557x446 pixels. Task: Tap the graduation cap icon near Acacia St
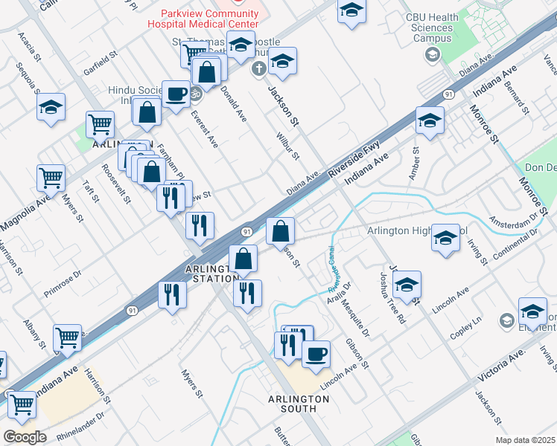[x=51, y=107]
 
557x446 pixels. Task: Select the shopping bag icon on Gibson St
[x=280, y=230]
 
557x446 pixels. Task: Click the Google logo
[x=25, y=436]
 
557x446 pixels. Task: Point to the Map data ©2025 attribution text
[x=525, y=440]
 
